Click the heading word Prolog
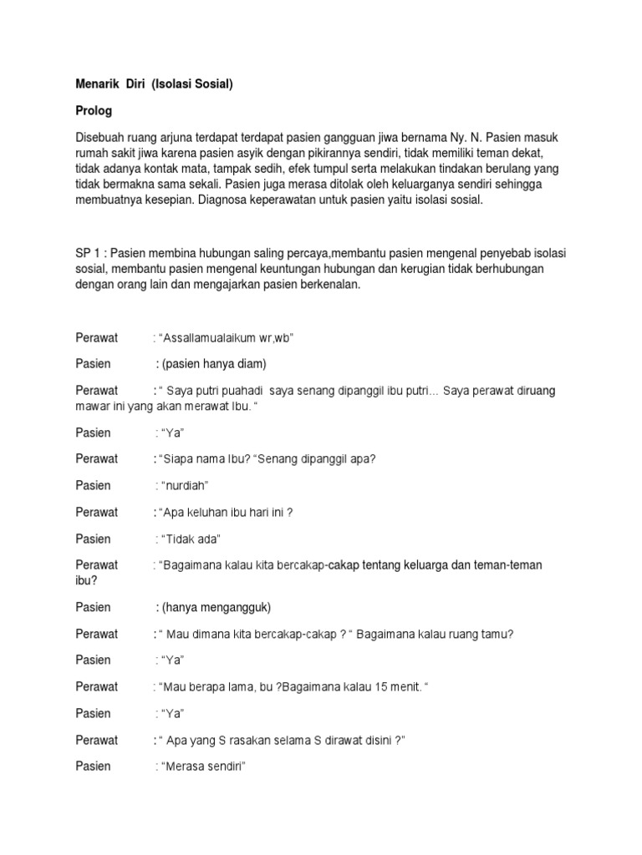(x=93, y=110)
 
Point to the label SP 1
(x=88, y=252)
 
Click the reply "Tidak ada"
(x=189, y=539)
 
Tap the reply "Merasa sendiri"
(x=200, y=766)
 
